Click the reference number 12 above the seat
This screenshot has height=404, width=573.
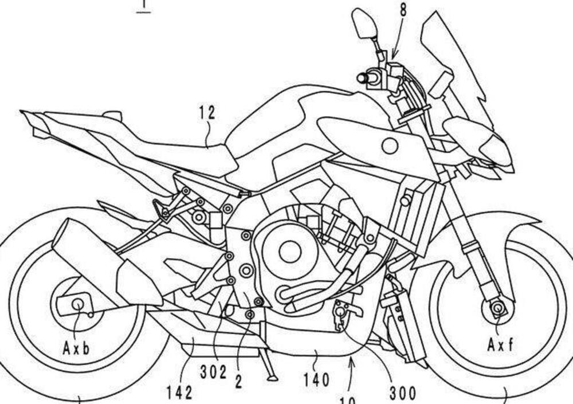pyautogui.click(x=208, y=113)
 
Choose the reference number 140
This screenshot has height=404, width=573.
pyautogui.click(x=317, y=379)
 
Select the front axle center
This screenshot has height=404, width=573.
pyautogui.click(x=496, y=309)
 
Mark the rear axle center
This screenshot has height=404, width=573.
pyautogui.click(x=76, y=304)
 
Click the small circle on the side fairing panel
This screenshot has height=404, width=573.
pyautogui.click(x=390, y=146)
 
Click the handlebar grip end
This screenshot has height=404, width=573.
pyautogui.click(x=362, y=76)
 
